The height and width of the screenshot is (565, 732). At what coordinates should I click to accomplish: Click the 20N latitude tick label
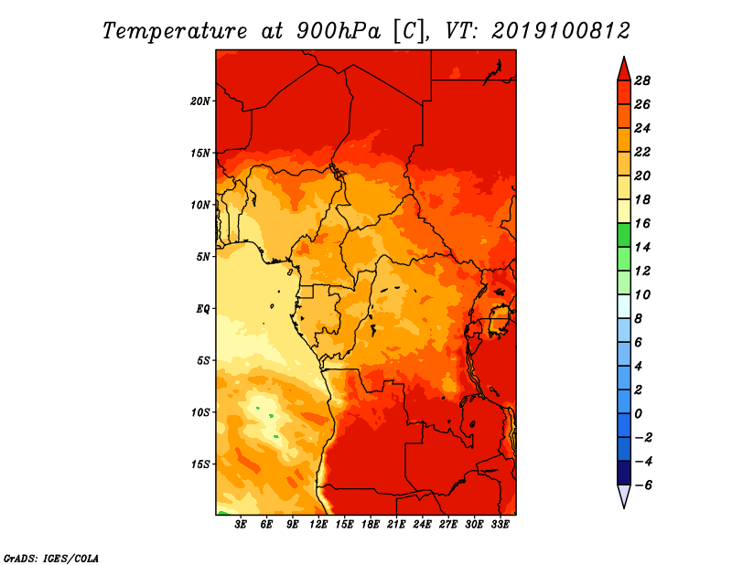(x=200, y=101)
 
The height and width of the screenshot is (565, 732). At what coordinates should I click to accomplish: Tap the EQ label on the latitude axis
(x=202, y=309)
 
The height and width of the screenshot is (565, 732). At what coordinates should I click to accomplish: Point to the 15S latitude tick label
(x=200, y=464)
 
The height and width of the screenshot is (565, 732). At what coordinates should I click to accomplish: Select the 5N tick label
(x=202, y=257)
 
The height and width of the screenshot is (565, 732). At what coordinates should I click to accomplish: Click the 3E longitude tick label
(x=241, y=525)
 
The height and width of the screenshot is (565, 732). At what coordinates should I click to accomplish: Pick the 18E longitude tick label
(x=371, y=525)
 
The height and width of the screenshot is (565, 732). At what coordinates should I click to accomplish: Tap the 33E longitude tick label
(x=500, y=525)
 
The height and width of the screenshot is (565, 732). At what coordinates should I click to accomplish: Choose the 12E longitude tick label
(x=318, y=525)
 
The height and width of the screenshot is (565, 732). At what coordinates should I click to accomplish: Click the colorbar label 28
(x=642, y=80)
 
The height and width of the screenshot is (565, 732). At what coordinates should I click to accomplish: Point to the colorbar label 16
(x=642, y=223)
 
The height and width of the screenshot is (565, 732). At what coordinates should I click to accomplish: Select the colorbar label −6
(x=643, y=485)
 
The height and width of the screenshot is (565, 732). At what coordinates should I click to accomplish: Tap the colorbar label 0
(x=638, y=414)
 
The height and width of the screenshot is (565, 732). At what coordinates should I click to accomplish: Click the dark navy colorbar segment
(x=624, y=473)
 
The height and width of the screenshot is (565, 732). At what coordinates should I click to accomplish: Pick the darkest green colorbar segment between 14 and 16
(x=624, y=235)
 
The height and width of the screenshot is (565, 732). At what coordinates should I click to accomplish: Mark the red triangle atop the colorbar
(x=624, y=69)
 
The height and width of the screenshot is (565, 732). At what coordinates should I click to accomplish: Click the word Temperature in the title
(x=174, y=31)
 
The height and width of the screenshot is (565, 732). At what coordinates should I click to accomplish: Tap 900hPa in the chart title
(x=339, y=31)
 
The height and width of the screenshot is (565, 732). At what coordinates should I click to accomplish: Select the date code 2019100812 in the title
(x=561, y=31)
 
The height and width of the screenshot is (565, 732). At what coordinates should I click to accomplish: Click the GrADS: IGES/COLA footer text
(x=51, y=559)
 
